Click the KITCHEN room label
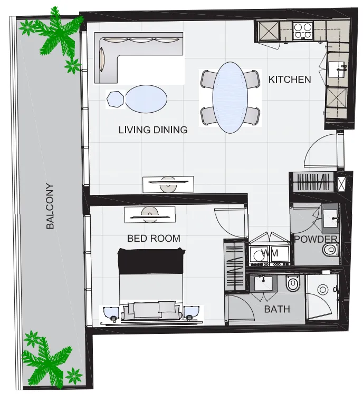(289, 80)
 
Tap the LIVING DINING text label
(153, 130)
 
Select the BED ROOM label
(154, 238)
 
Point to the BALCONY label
(50, 206)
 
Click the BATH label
(277, 309)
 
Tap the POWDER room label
(316, 239)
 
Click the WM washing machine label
(270, 253)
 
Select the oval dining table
(230, 97)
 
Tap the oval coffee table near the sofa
(146, 99)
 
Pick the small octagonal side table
(116, 99)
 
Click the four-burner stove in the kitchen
(303, 31)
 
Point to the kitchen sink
(337, 70)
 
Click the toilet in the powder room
(330, 250)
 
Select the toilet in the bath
(293, 283)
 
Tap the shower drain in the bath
(322, 290)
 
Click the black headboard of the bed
(151, 261)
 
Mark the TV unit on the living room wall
(168, 184)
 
